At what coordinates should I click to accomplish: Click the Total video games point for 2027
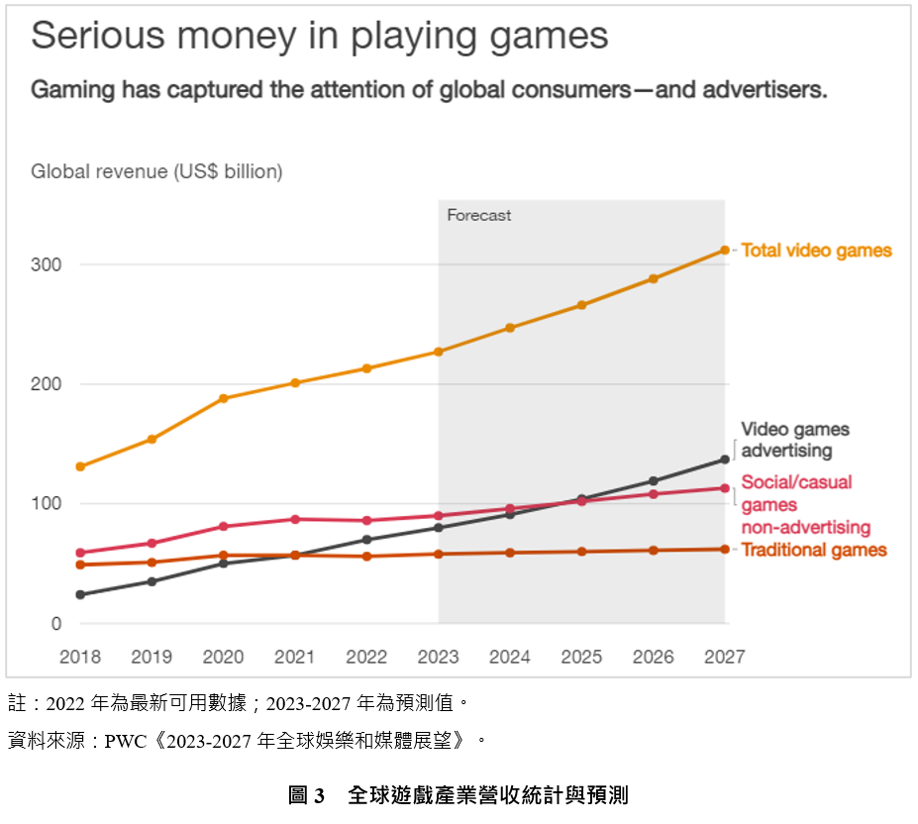(724, 250)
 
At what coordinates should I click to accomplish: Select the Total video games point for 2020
(223, 398)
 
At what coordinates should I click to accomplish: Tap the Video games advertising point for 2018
(80, 594)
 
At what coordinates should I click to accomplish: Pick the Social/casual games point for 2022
(366, 520)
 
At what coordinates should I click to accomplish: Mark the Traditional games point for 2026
(653, 551)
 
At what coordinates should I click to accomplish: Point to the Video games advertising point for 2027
(724, 460)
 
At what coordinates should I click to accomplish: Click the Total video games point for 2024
(510, 328)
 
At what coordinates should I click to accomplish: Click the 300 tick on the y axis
(47, 264)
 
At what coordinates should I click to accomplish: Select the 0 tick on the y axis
(56, 624)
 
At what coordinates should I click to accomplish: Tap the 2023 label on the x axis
(438, 657)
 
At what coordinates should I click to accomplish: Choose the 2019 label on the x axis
(152, 657)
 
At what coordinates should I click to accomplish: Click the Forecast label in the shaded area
(479, 216)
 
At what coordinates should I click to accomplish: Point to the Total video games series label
(816, 251)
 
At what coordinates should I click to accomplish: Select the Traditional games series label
(814, 550)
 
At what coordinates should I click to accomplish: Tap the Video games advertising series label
(795, 440)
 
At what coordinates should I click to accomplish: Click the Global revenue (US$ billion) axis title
(156, 171)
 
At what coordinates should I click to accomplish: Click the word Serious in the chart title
(98, 36)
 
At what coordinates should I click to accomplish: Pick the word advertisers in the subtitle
(765, 90)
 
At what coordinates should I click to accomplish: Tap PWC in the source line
(126, 742)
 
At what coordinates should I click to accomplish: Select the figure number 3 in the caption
(319, 796)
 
